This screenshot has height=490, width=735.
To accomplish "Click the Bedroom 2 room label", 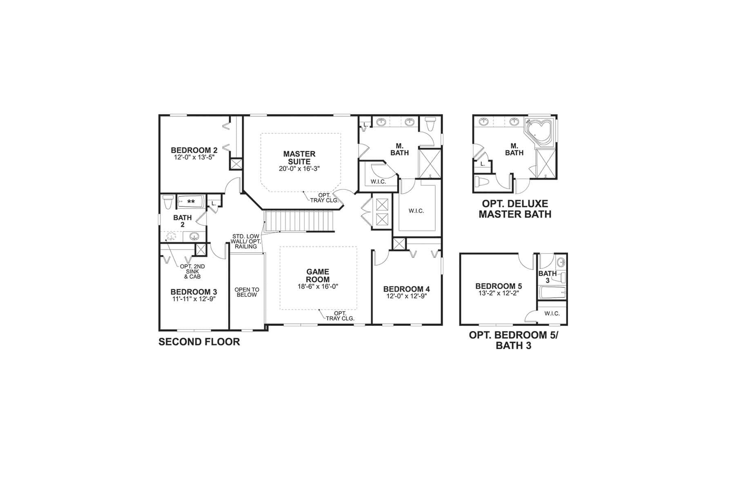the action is click(x=194, y=150).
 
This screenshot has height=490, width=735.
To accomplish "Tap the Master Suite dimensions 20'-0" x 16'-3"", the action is click(x=299, y=169).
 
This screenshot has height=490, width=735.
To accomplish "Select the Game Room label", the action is click(x=318, y=276).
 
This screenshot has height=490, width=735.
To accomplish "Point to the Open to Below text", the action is click(x=247, y=292).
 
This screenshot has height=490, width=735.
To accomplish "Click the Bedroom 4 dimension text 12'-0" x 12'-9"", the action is click(x=406, y=296).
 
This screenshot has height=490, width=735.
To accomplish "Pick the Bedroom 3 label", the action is click(x=194, y=292).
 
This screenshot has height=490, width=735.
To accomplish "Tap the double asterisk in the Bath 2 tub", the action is click(x=191, y=202).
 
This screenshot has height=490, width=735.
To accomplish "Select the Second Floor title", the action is click(x=199, y=342).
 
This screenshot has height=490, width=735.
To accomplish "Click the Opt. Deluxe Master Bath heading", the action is click(x=515, y=209).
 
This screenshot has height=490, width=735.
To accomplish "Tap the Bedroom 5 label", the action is click(x=499, y=286).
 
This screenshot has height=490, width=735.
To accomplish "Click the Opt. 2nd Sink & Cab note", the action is click(x=192, y=272).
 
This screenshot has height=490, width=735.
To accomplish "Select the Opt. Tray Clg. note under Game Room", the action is click(x=340, y=316).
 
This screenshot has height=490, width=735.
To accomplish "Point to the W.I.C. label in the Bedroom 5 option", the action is click(x=552, y=314).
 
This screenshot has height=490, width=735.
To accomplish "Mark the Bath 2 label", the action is click(x=183, y=221).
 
